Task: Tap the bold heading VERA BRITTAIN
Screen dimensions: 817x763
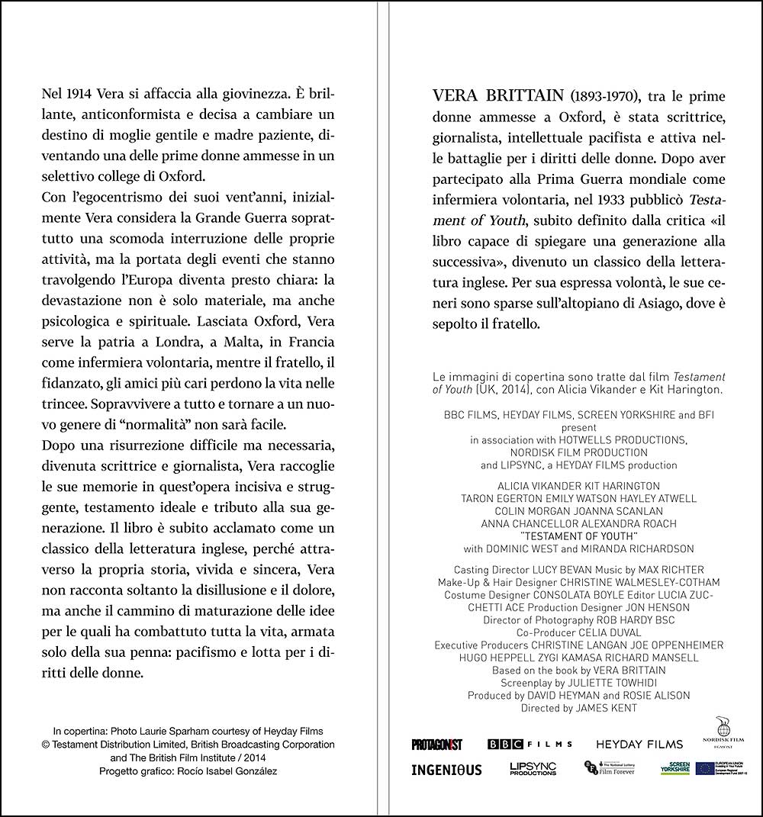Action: pyautogui.click(x=497, y=97)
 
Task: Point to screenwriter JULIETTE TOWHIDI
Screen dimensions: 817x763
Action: pyautogui.click(x=609, y=683)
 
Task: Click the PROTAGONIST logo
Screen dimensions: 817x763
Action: pyautogui.click(x=437, y=745)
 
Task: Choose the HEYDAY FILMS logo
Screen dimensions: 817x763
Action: pyautogui.click(x=639, y=745)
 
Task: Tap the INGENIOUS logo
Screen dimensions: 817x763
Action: pyautogui.click(x=446, y=770)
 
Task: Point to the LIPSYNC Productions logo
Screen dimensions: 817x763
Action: pyautogui.click(x=533, y=769)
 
